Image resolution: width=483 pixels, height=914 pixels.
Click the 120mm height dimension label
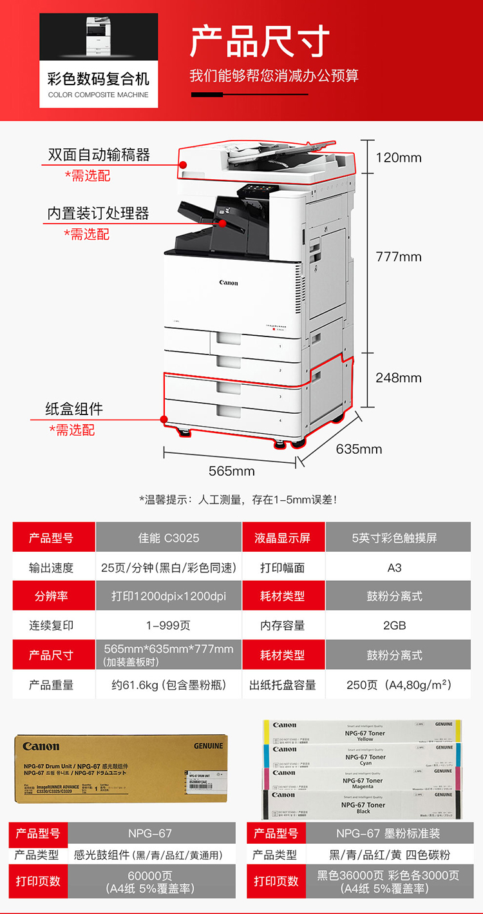398,157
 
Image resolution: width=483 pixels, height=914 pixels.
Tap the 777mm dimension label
398,257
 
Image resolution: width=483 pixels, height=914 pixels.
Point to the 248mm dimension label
398,378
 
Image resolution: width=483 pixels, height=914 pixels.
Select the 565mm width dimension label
232,471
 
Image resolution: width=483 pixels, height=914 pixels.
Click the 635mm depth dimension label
359,449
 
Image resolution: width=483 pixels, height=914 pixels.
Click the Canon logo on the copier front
229,283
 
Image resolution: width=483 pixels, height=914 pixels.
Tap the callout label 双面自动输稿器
99,155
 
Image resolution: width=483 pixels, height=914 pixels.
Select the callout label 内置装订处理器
98,213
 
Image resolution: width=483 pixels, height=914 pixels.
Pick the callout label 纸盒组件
74,409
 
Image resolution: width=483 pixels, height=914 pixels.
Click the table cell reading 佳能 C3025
169,538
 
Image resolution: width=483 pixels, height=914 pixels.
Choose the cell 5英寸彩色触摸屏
394,538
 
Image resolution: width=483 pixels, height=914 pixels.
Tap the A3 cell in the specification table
394,567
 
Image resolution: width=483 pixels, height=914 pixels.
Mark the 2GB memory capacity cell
394,625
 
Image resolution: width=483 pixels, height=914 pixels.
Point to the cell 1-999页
169,625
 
